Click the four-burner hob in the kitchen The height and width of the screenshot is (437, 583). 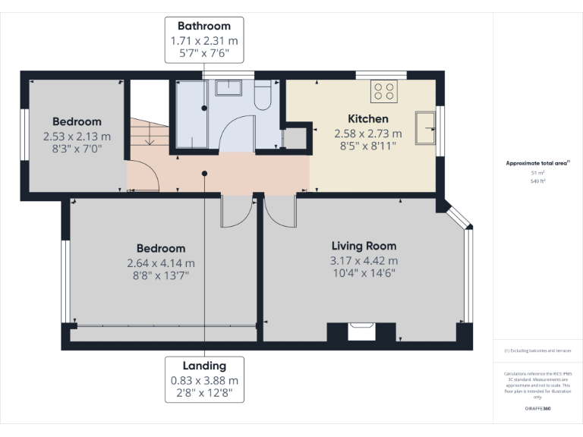pyautogui.click(x=384, y=92)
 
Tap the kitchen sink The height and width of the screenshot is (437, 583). pyautogui.click(x=424, y=127)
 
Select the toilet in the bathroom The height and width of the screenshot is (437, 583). pyautogui.click(x=263, y=96)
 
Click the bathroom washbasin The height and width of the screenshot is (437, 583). pyautogui.click(x=228, y=87)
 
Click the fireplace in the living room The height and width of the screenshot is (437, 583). pyautogui.click(x=357, y=331)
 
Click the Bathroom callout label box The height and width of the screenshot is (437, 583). pyautogui.click(x=204, y=40)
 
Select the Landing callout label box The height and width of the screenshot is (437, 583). pyautogui.click(x=204, y=379)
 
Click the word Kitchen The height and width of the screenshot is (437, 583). pyautogui.click(x=368, y=119)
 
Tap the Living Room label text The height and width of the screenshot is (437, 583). pyautogui.click(x=364, y=246)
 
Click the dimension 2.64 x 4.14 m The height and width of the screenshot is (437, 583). pyautogui.click(x=161, y=263)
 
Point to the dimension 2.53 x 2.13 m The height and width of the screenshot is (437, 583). pyautogui.click(x=77, y=137)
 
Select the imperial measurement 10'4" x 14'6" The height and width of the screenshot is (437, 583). pyautogui.click(x=364, y=272)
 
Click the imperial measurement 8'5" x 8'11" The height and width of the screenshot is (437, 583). pyautogui.click(x=368, y=146)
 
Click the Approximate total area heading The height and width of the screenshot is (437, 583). pyautogui.click(x=537, y=163)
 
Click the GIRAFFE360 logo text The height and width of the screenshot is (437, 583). pyautogui.click(x=537, y=409)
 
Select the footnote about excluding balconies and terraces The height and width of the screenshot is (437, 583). pyautogui.click(x=537, y=351)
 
